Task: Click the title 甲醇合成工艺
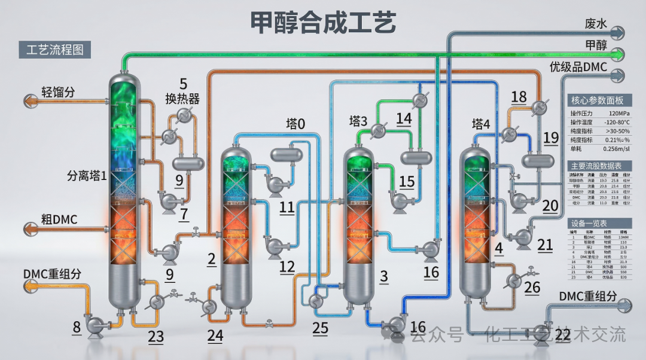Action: coord(322,23)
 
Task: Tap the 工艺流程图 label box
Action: coord(55,50)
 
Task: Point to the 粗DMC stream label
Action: coord(59,219)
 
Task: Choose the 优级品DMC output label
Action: coord(578,67)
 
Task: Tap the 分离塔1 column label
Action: coord(87,176)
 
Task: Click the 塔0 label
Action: coord(295,124)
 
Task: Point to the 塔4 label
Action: coord(481,124)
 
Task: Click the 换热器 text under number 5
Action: coord(182,98)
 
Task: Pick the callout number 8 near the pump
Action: coord(77,327)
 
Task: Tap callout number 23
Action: coord(156,337)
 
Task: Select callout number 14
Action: coord(404,118)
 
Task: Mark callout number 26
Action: coord(532,288)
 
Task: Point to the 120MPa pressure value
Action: coord(617,112)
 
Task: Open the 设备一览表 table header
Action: coord(598,222)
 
